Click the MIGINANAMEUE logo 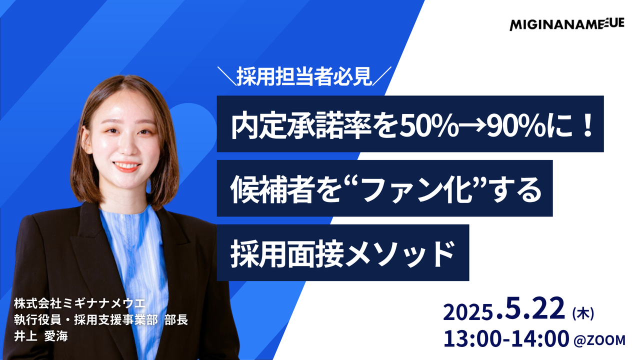(x=567, y=24)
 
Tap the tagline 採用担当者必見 (x=304, y=76)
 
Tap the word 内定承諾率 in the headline (x=301, y=125)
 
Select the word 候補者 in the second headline (x=271, y=189)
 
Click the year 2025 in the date (x=468, y=313)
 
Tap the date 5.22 (x=532, y=308)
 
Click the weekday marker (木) (x=583, y=313)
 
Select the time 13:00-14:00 (x=506, y=339)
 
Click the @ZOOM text (x=599, y=340)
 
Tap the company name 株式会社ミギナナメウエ (x=79, y=303)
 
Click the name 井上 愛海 (x=41, y=336)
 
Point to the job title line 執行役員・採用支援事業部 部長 (x=101, y=319)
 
